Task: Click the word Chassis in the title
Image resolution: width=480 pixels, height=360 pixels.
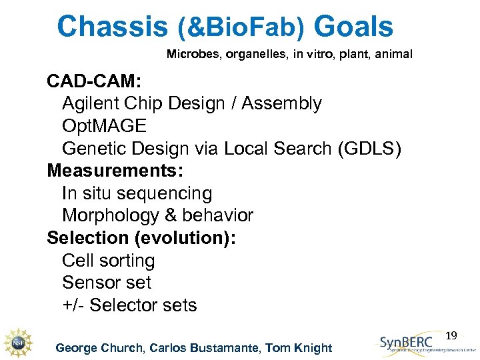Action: pos(112,27)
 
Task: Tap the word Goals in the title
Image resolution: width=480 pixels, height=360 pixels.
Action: pos(353,27)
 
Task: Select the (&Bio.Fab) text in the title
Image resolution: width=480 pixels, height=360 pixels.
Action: pos(241,29)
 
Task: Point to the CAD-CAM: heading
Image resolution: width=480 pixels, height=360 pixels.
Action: pos(94,82)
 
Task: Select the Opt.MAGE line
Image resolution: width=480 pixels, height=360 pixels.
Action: pos(104,127)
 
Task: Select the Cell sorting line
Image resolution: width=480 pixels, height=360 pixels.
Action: pos(108,261)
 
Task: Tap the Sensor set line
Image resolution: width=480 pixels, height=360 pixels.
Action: pos(107,283)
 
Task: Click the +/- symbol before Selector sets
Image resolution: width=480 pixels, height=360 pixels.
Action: pos(73,305)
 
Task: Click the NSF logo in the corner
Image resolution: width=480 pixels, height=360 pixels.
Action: pos(18,341)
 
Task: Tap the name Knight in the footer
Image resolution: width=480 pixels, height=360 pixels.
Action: pos(313,347)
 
